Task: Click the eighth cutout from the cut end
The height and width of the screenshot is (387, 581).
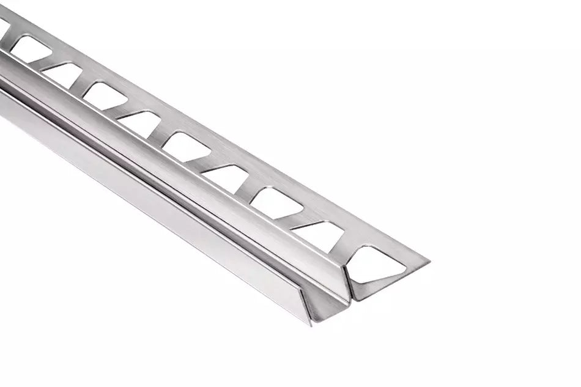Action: (64, 73)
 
